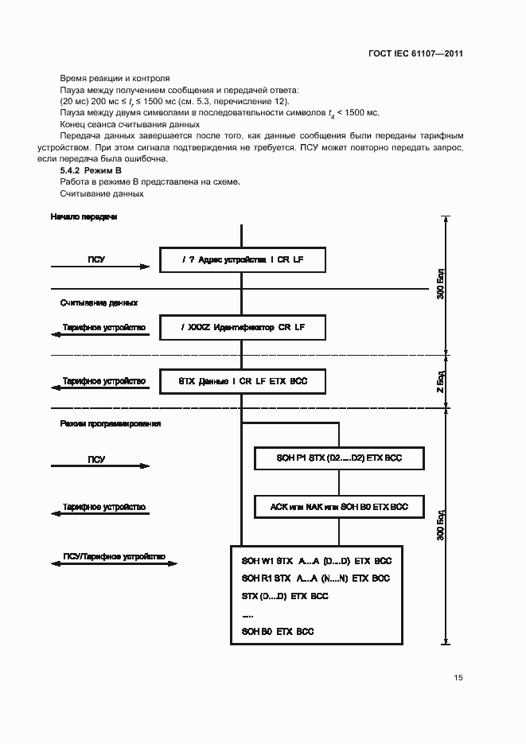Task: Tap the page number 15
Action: point(458,678)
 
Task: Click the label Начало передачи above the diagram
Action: point(84,216)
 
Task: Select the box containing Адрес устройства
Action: point(243,259)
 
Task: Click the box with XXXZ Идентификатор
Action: point(243,327)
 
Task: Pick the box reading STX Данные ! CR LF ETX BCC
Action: point(243,382)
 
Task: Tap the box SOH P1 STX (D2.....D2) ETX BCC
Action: point(339,459)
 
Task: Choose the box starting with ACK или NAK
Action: point(339,507)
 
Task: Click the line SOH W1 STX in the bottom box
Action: point(316,561)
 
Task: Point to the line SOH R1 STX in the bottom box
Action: point(316,578)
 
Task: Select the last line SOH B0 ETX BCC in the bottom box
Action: point(278,631)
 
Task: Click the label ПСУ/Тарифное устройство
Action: point(114,557)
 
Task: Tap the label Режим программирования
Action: point(111,424)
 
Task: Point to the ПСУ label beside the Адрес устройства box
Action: point(96,259)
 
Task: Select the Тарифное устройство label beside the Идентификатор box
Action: point(104,327)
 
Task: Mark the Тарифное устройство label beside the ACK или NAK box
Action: point(104,507)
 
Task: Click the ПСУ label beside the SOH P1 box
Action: point(96,459)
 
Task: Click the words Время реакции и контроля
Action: point(115,79)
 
